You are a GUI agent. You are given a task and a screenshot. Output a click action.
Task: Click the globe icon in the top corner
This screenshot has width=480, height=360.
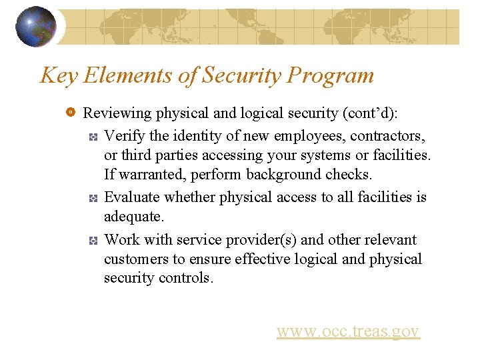coord(35,27)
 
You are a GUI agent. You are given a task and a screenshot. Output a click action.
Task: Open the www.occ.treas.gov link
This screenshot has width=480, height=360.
coord(348,331)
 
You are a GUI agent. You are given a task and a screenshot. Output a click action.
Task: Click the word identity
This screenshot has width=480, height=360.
coord(197,136)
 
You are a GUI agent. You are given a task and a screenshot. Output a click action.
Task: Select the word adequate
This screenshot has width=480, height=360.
coord(133,217)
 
